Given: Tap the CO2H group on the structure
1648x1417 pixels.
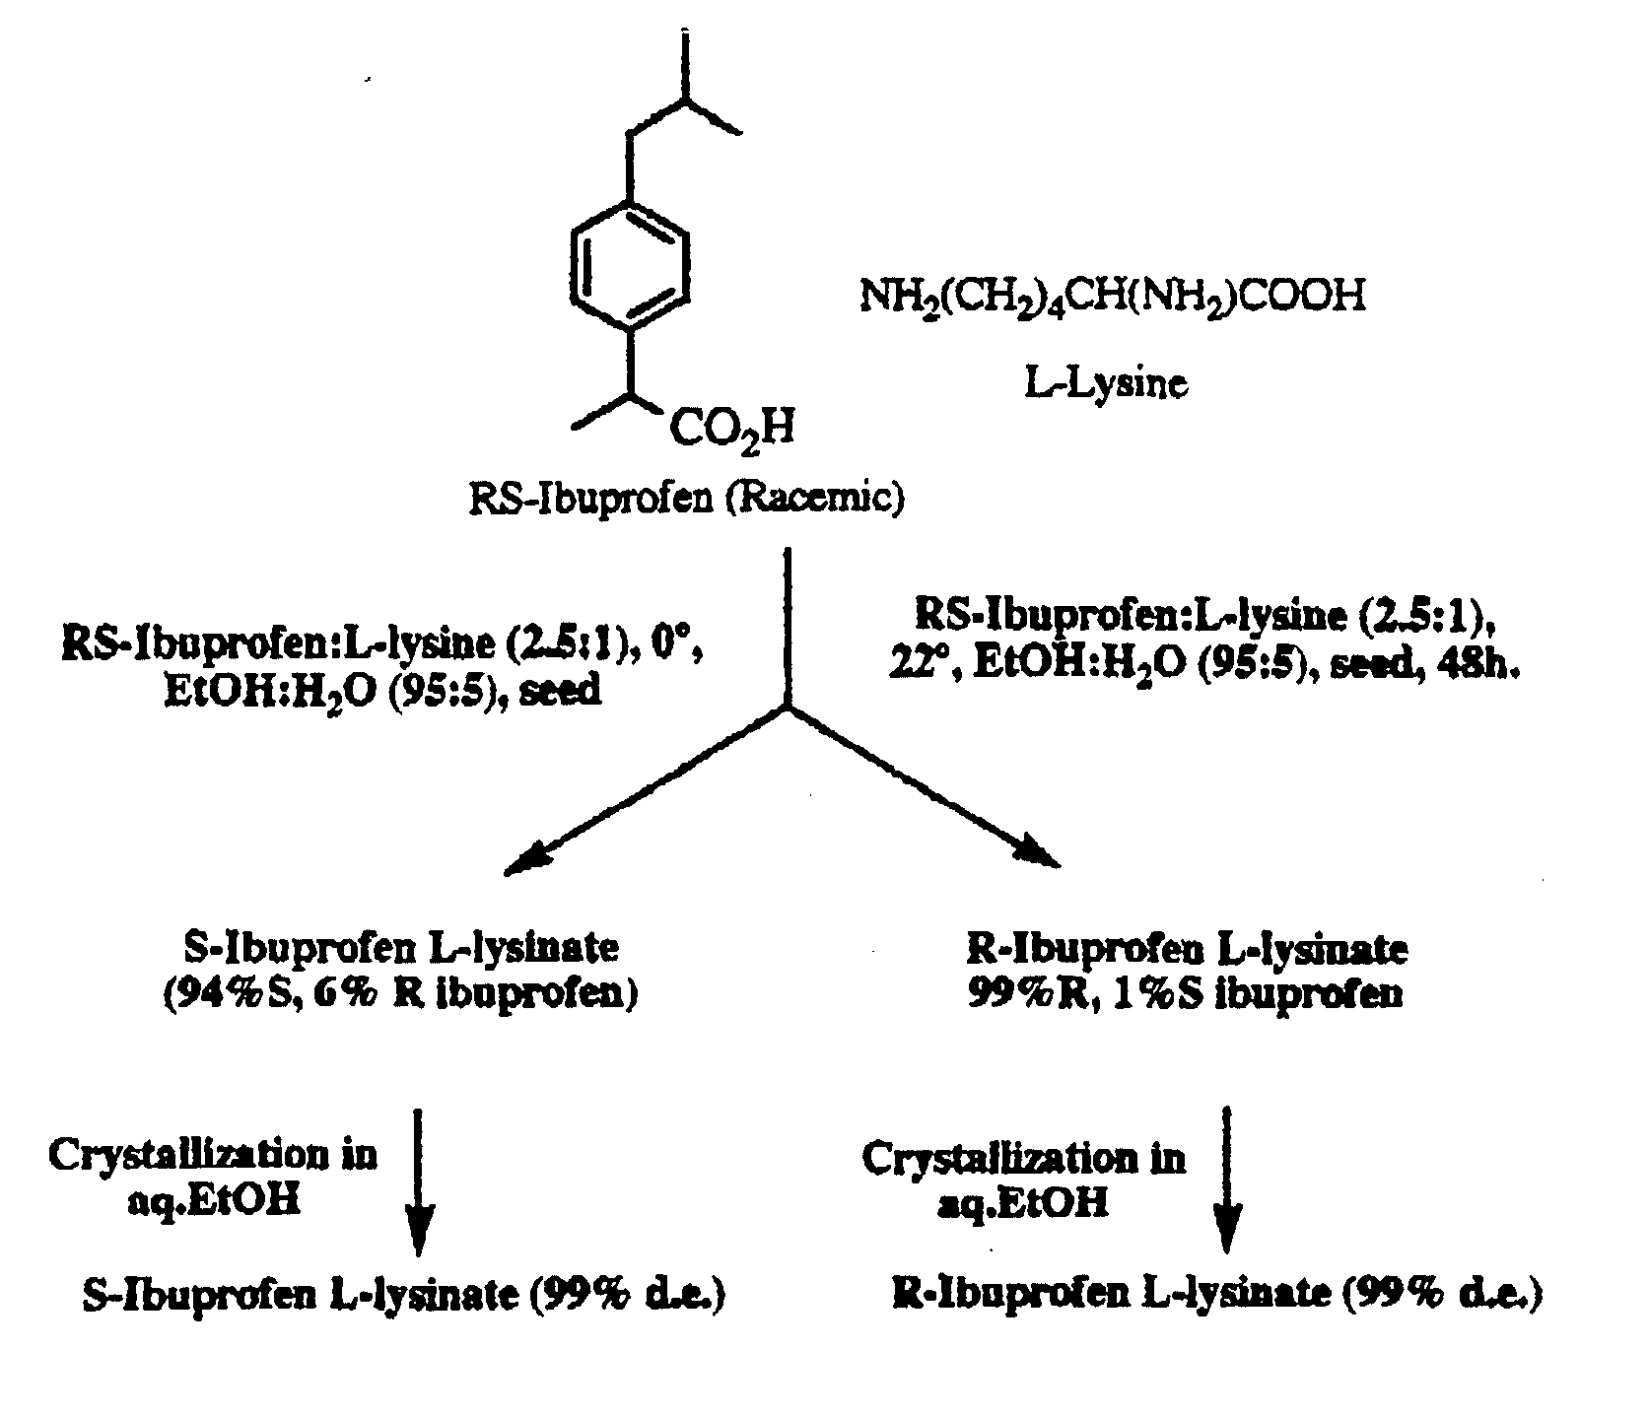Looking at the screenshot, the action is coord(732,432).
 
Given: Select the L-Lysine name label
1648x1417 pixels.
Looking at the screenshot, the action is coord(1106,383).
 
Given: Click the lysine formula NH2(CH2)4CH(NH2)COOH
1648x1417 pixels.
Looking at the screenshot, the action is coord(1113,296).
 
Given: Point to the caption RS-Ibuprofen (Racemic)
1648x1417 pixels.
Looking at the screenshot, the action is coord(687,500).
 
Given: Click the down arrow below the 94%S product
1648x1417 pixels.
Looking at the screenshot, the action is coord(419,1181).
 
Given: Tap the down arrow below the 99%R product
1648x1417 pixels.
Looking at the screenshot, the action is coord(1227,1181).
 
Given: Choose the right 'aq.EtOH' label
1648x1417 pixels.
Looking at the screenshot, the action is coord(1022,1203).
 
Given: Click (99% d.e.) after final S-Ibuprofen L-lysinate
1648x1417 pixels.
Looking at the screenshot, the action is coord(628,1296).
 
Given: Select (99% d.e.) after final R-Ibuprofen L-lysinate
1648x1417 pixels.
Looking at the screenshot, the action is coord(1442,1295).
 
